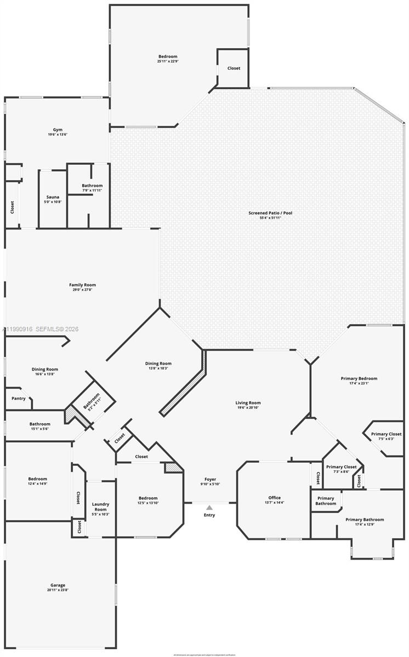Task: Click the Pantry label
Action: click(18, 398)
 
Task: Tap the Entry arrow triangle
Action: click(209, 508)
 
